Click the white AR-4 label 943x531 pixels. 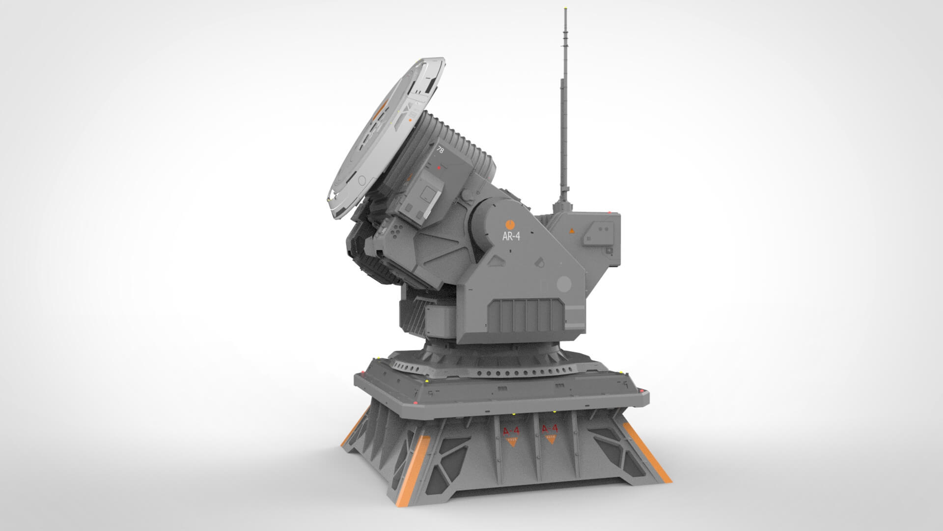point(511,236)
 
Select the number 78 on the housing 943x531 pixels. point(440,151)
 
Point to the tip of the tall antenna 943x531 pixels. point(567,9)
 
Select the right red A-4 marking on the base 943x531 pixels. point(550,428)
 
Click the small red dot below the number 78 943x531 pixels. point(439,168)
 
